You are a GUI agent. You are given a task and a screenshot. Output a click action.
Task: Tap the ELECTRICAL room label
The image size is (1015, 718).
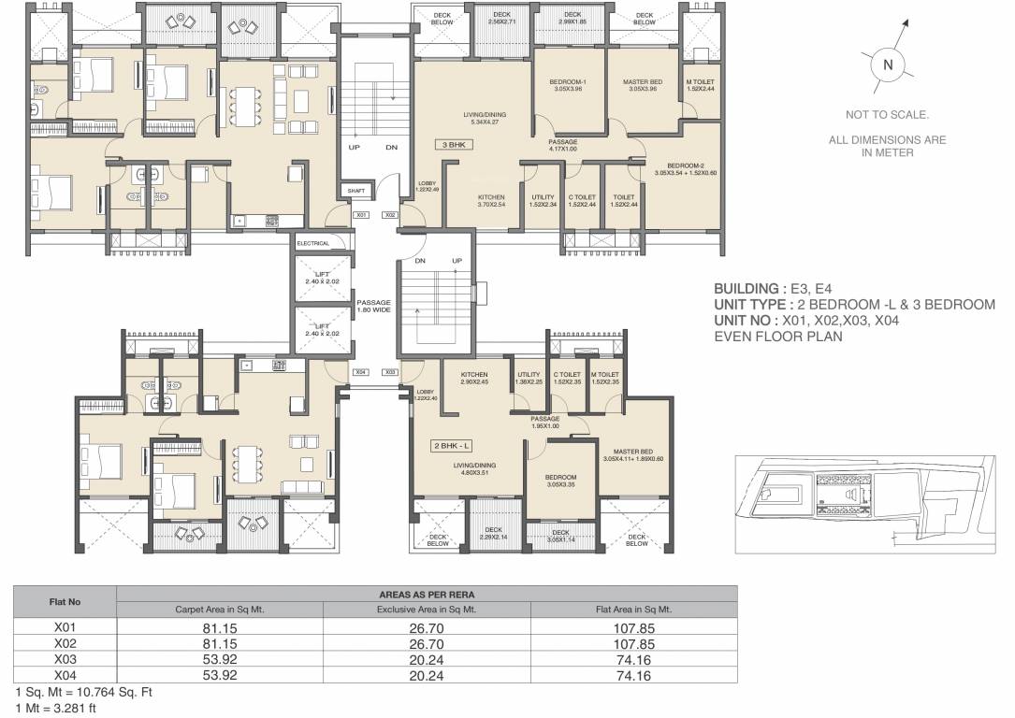(x=313, y=243)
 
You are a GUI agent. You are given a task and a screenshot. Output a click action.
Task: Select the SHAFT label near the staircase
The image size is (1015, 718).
(x=355, y=190)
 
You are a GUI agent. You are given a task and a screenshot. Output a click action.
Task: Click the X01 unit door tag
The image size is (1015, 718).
(x=362, y=215)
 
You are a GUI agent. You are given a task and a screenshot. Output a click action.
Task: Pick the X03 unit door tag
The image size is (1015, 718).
(x=391, y=371)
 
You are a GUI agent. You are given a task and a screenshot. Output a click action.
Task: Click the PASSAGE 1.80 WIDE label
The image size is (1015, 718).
(x=373, y=306)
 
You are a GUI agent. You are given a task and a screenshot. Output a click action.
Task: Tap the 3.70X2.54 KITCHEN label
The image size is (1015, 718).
(x=491, y=201)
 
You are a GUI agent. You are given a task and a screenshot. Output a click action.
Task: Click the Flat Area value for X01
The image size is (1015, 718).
(x=633, y=629)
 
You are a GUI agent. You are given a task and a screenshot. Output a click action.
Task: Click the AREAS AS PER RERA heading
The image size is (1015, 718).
(x=426, y=594)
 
